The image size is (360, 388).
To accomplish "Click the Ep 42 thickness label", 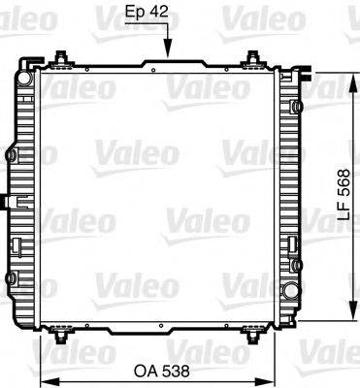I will (x=149, y=14).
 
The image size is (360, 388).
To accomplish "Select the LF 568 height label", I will (x=347, y=200).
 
